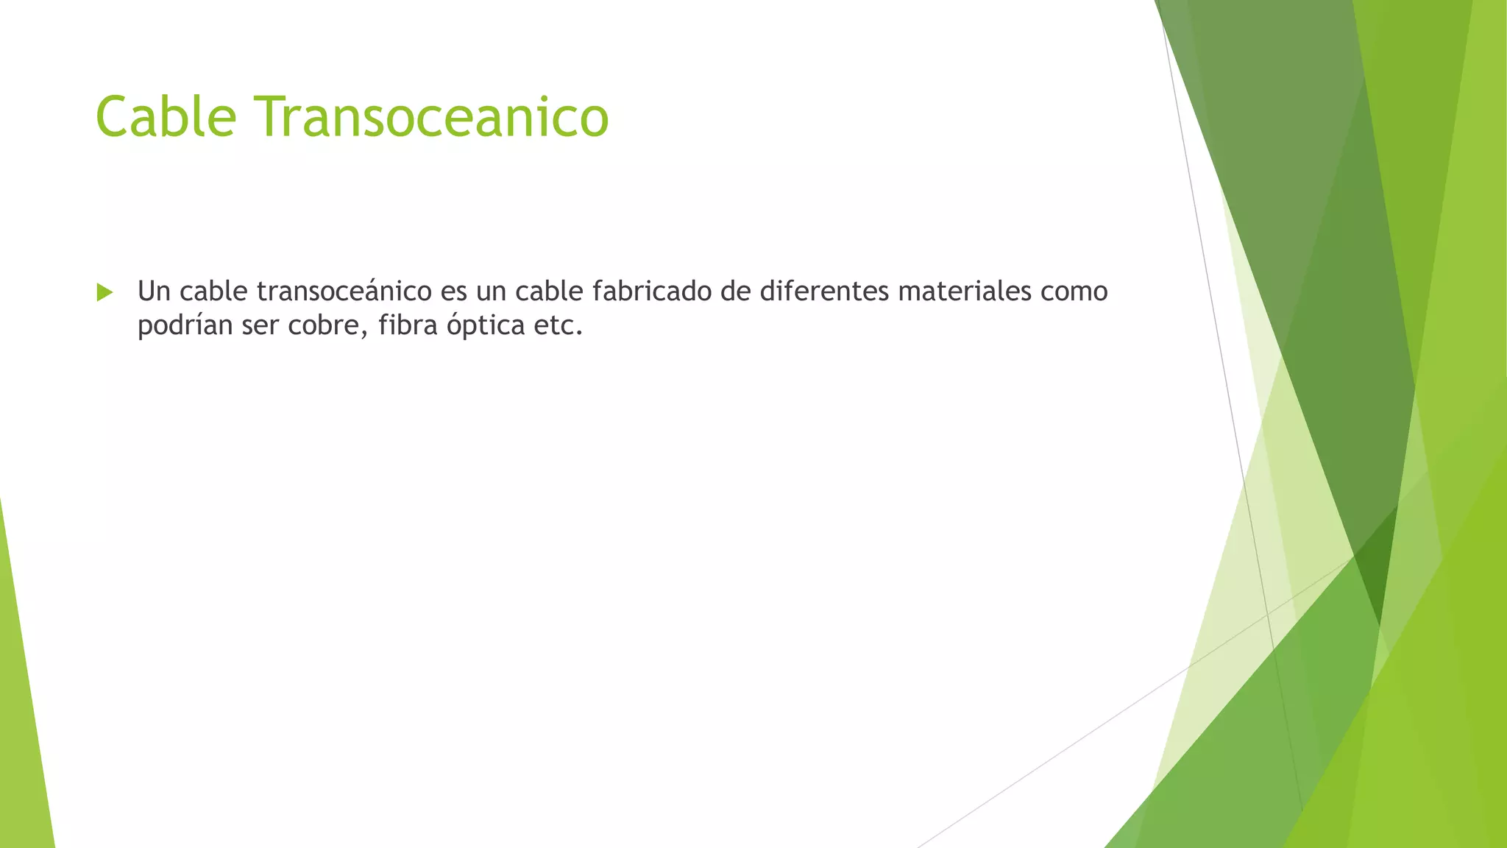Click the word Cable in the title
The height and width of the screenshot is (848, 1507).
(x=166, y=116)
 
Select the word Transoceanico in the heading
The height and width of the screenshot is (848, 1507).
(x=432, y=116)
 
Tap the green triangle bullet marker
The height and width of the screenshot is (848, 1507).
(x=104, y=292)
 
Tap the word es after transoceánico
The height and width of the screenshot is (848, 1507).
(x=453, y=291)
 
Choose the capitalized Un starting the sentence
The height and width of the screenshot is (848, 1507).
(x=154, y=291)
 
